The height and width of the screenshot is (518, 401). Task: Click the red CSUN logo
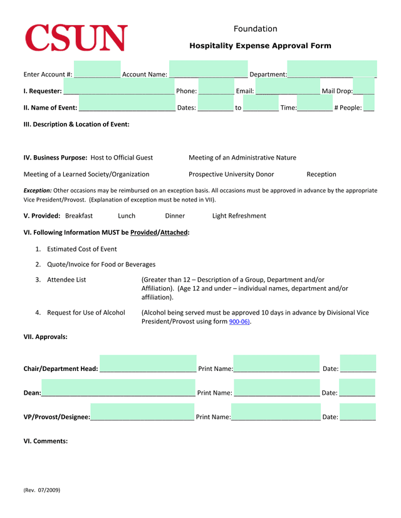pos(76,38)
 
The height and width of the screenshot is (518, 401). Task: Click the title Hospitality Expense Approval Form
pos(260,46)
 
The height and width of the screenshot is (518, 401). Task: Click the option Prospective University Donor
pos(231,174)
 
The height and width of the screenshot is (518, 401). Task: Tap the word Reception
pos(321,174)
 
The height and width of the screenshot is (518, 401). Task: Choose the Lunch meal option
pos(127,216)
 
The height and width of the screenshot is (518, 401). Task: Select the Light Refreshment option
pos(239,216)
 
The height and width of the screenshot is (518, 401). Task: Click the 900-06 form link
pos(239,322)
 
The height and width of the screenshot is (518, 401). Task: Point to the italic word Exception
pos(38,190)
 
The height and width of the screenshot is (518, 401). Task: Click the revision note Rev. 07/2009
pos(42,490)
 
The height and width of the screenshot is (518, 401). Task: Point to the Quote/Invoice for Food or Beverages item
pos(101,264)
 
